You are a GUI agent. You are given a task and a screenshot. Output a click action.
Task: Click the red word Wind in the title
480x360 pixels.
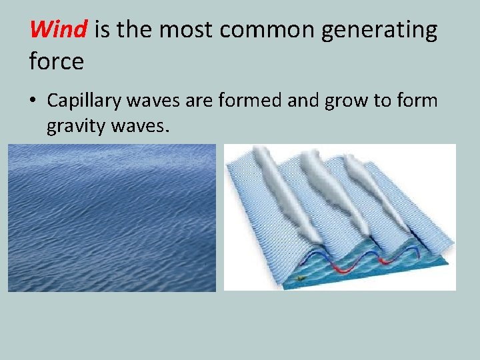point(59,29)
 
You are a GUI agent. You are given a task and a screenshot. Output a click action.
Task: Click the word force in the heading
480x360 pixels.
point(57,62)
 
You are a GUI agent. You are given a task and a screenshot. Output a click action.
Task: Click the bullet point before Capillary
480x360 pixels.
point(34,101)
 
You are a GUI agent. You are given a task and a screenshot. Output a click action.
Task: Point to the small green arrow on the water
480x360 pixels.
point(302,277)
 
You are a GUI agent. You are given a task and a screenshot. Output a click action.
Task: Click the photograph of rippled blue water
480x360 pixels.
point(112,218)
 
